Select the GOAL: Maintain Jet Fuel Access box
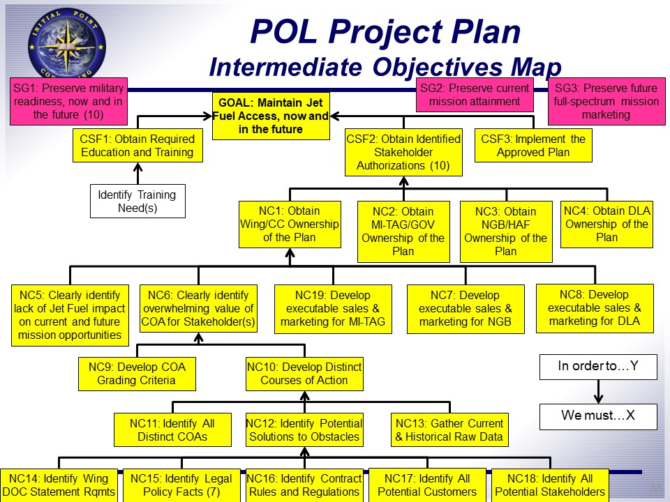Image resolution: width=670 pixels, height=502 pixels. pos(270,115)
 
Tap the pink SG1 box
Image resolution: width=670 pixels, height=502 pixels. pos(68,101)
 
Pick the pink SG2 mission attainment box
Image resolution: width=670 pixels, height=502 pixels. pos(475,95)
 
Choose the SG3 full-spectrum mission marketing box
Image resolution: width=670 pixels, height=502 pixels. pos(605,101)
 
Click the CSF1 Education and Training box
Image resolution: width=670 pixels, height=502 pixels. pos(137,146)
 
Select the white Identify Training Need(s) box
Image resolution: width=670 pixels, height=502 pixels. pos(137,201)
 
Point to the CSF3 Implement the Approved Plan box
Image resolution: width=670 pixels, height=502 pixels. pos(533,146)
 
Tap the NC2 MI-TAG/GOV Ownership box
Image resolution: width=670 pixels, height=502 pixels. pos(403,231)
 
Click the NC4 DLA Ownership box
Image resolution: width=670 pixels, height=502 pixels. pos(606,225)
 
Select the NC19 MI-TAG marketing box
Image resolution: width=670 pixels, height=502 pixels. pos(333,309)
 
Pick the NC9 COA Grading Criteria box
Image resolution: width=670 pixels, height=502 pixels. pos(136,374)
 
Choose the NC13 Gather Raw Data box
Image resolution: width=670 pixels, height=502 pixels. pos(449,430)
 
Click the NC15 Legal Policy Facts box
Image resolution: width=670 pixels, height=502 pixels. pos(181,485)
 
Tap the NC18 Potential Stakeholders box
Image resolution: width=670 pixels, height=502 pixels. pos(549,485)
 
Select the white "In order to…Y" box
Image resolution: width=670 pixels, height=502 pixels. pos(597,367)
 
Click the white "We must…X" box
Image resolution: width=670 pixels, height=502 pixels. pos(597,416)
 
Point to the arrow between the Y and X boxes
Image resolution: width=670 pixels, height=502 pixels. pos(597,392)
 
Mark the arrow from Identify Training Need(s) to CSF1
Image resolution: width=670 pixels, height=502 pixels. pos(137,173)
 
